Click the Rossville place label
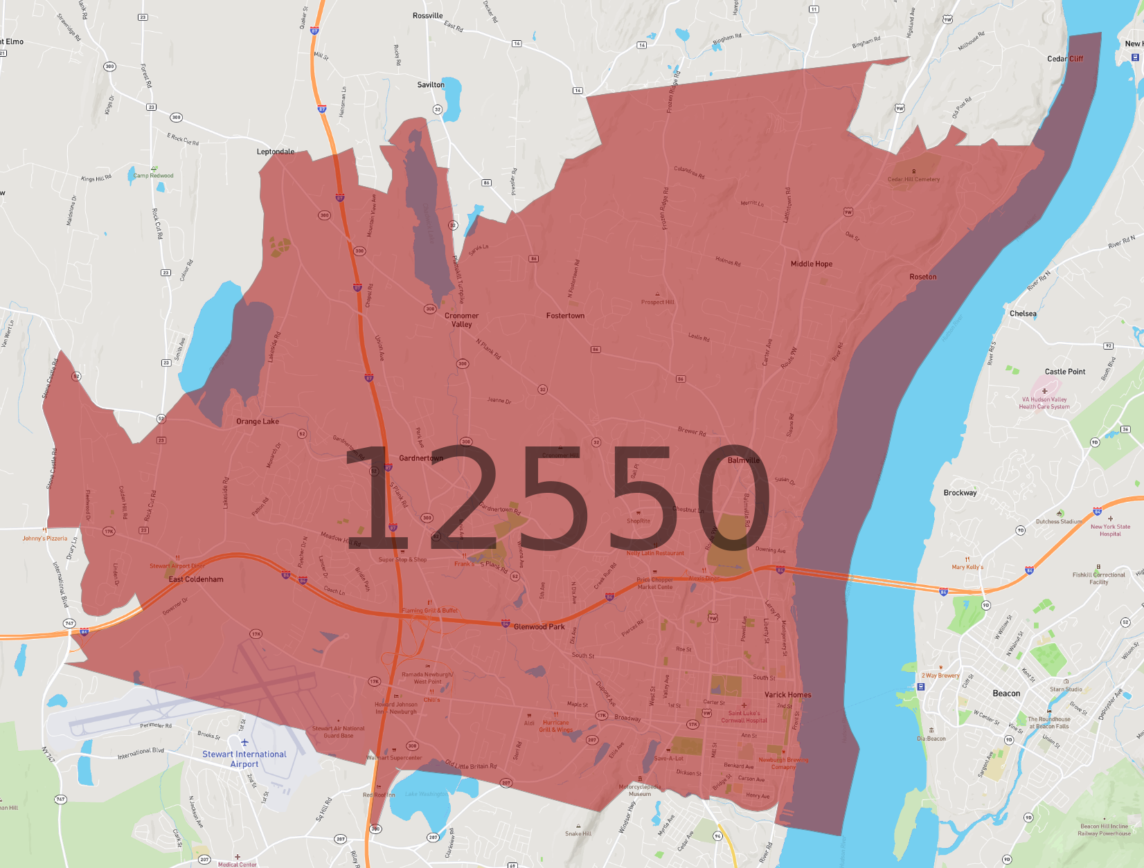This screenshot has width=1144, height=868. click(x=427, y=16)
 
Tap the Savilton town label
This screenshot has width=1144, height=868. click(x=431, y=85)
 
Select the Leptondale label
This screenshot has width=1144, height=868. click(x=276, y=152)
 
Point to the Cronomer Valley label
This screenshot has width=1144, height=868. click(x=461, y=320)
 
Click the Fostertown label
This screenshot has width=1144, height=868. click(x=565, y=316)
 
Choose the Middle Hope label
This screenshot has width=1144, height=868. click(x=812, y=264)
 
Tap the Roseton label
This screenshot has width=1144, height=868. click(x=923, y=277)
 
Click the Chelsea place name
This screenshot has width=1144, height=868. click(x=1023, y=314)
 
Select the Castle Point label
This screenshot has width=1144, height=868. click(x=1065, y=372)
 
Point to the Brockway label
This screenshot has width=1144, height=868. click(x=960, y=493)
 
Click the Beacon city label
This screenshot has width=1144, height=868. click(x=1006, y=694)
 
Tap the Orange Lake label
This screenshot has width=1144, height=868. click(x=258, y=422)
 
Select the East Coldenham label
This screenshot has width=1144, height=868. click(x=196, y=579)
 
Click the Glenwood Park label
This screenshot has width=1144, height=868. click(x=539, y=627)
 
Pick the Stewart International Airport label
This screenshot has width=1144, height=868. click(x=244, y=759)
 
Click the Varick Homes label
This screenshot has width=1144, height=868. click(x=787, y=695)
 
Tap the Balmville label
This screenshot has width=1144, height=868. click(x=744, y=460)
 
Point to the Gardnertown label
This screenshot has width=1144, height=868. click(x=421, y=458)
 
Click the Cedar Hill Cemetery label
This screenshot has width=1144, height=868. click(x=913, y=179)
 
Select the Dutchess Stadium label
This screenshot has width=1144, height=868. click(x=1058, y=522)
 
